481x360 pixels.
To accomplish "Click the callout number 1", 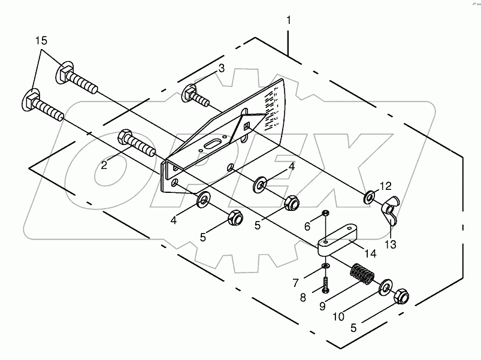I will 289,20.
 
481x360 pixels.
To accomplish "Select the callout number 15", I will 40,41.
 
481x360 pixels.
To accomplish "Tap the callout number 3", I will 221,68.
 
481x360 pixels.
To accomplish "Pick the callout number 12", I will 385,186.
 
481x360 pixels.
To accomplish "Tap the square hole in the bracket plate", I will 247,125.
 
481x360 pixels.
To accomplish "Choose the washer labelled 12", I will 371,195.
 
